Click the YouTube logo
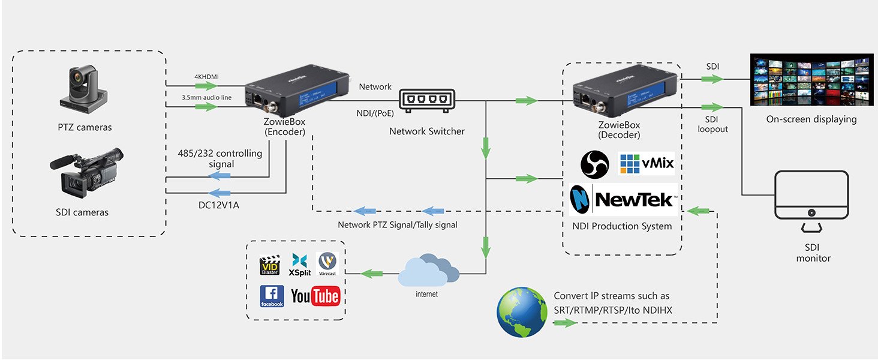[x=315, y=296]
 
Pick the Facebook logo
[x=271, y=296]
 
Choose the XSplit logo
[x=299, y=265]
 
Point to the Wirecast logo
[x=327, y=264]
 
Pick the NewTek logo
[x=623, y=199]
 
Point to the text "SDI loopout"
[x=712, y=124]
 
